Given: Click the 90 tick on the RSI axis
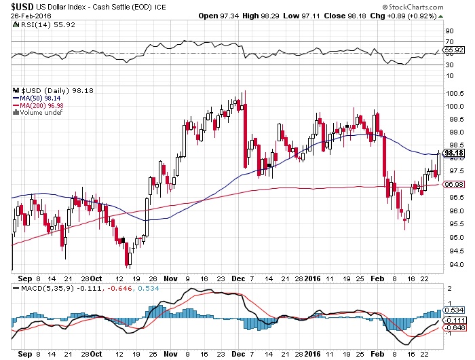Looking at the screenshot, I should coord(449,31).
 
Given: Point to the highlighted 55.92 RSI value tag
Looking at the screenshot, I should coord(454,50).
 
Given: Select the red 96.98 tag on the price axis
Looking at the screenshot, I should coord(453,184).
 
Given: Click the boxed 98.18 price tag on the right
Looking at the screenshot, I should coord(453,153).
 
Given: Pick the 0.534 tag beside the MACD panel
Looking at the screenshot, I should coord(454,310).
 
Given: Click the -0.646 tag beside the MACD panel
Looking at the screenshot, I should coord(454,327).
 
